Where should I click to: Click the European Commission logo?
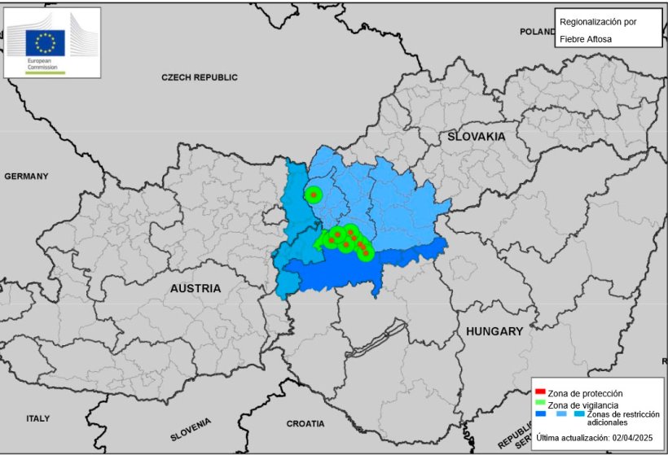click(x=52, y=42)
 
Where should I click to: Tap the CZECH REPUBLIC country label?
click(x=200, y=77)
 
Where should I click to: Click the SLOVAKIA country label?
click(x=476, y=137)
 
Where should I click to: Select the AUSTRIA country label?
click(x=196, y=288)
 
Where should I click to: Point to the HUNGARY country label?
click(x=494, y=331)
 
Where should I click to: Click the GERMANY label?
click(x=26, y=176)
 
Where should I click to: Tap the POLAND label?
click(x=537, y=32)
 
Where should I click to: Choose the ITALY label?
click(x=37, y=418)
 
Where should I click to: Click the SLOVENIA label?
click(x=191, y=429)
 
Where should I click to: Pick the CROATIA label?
click(x=305, y=424)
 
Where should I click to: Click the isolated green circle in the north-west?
click(x=313, y=195)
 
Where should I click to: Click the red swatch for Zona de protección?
click(x=540, y=392)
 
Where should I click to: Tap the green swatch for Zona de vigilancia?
click(x=540, y=404)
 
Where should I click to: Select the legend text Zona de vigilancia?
click(x=583, y=405)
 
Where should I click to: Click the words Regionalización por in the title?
click(x=597, y=20)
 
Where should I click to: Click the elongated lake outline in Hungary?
click(x=376, y=339)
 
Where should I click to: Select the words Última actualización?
click(x=570, y=438)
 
